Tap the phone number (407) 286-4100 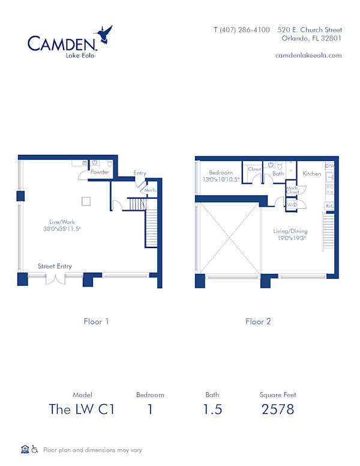click(242, 29)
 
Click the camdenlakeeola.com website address click(308, 55)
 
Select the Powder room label click(99, 172)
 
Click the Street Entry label click(55, 266)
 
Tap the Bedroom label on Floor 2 click(220, 173)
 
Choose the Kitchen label click(311, 174)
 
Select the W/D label click(292, 205)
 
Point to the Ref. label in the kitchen click(329, 206)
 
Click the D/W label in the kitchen click(329, 166)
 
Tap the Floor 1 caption click(96, 321)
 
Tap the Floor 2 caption click(258, 321)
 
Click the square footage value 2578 click(278, 410)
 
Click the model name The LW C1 click(81, 410)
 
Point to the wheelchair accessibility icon click(35, 449)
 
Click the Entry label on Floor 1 click(140, 173)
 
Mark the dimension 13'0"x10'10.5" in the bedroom click(220, 180)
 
